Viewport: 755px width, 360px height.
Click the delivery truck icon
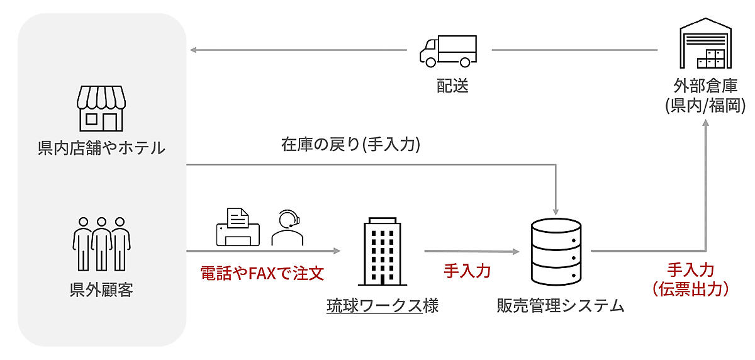point(448,51)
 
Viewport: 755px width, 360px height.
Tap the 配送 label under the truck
point(453,86)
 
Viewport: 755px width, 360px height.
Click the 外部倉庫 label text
point(705,86)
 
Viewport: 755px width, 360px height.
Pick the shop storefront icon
point(101,108)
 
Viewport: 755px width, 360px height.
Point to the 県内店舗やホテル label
point(101,149)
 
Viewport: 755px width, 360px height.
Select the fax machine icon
point(238,228)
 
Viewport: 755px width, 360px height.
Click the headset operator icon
point(287,228)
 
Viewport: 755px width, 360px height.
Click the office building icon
point(383,252)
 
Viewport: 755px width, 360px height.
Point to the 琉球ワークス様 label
point(383,307)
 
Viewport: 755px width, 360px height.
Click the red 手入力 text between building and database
point(467,271)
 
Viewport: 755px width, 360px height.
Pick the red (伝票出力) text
point(690,289)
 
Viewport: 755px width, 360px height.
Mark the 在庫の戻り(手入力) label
point(350,145)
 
